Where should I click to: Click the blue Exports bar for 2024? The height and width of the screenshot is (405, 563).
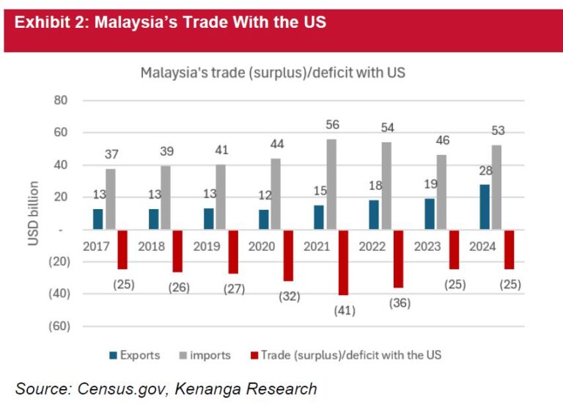pos(485,207)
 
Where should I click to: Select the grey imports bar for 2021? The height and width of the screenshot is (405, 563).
pos(333,184)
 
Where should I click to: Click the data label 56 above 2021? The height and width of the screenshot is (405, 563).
pos(333,125)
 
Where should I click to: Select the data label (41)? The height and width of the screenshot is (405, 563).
pos(345,310)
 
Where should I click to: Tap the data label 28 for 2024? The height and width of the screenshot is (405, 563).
pos(485,171)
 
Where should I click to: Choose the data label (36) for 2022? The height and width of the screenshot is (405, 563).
pos(400,302)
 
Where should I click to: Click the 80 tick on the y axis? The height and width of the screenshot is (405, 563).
pos(59,101)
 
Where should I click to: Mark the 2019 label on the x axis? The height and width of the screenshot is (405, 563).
pos(207,247)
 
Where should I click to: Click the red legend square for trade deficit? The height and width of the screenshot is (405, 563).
pos(254,356)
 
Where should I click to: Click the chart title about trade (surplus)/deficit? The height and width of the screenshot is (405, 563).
pos(273,73)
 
